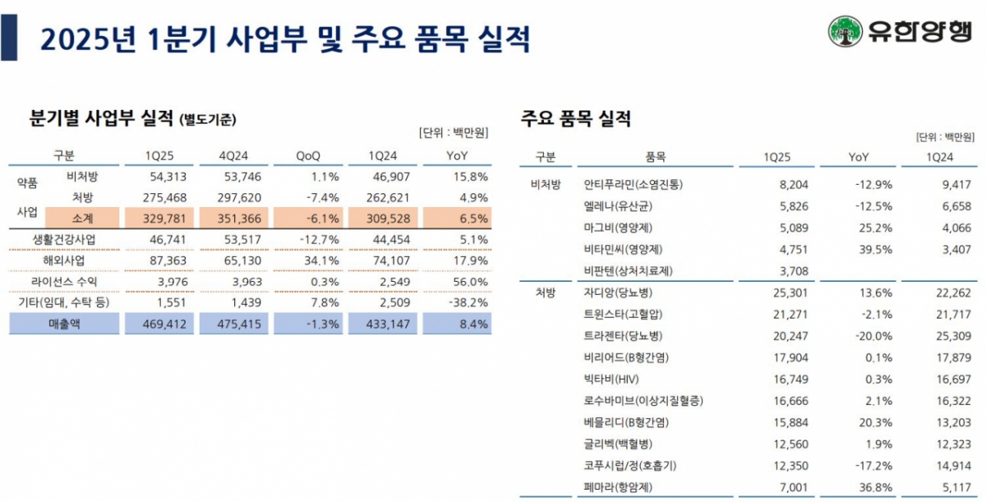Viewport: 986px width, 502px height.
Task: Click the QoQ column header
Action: click(309, 155)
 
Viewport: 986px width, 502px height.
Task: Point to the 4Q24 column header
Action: click(235, 155)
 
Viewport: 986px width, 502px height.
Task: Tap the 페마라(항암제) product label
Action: click(617, 487)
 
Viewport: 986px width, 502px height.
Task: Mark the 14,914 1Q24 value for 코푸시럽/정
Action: click(954, 466)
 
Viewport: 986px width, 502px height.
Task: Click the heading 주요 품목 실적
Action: click(576, 118)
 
